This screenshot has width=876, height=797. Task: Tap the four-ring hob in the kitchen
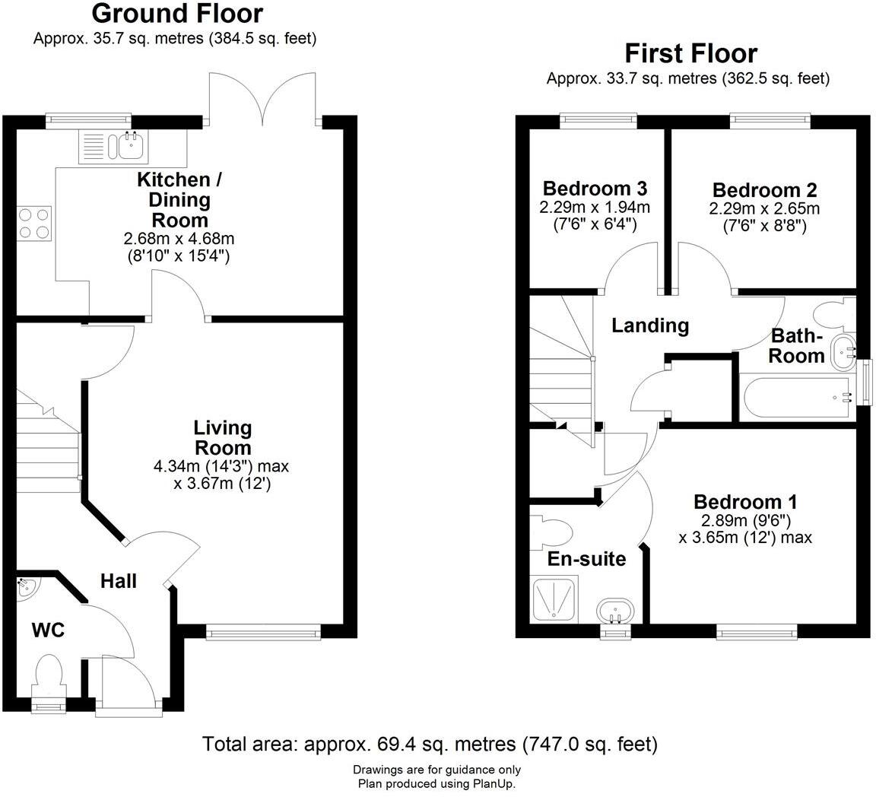[33, 224]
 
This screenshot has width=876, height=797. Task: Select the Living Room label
[222, 437]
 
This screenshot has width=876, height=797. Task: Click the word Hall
[119, 582]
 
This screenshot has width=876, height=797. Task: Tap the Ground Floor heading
[176, 14]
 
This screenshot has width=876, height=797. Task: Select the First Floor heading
[690, 54]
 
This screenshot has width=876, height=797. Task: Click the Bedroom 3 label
[595, 189]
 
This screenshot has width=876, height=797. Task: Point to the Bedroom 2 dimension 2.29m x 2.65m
[765, 209]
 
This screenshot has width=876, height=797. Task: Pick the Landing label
[650, 326]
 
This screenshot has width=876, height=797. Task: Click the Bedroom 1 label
[745, 503]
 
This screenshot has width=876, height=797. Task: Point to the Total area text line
[430, 744]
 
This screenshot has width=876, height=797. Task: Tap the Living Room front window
[263, 631]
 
